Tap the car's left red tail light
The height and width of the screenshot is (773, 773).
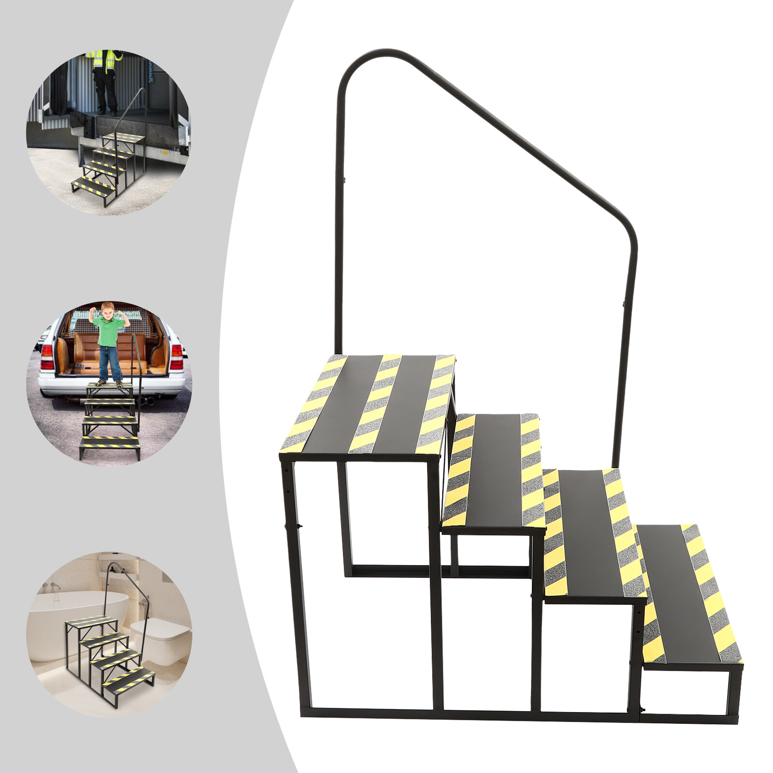point(47,358)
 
